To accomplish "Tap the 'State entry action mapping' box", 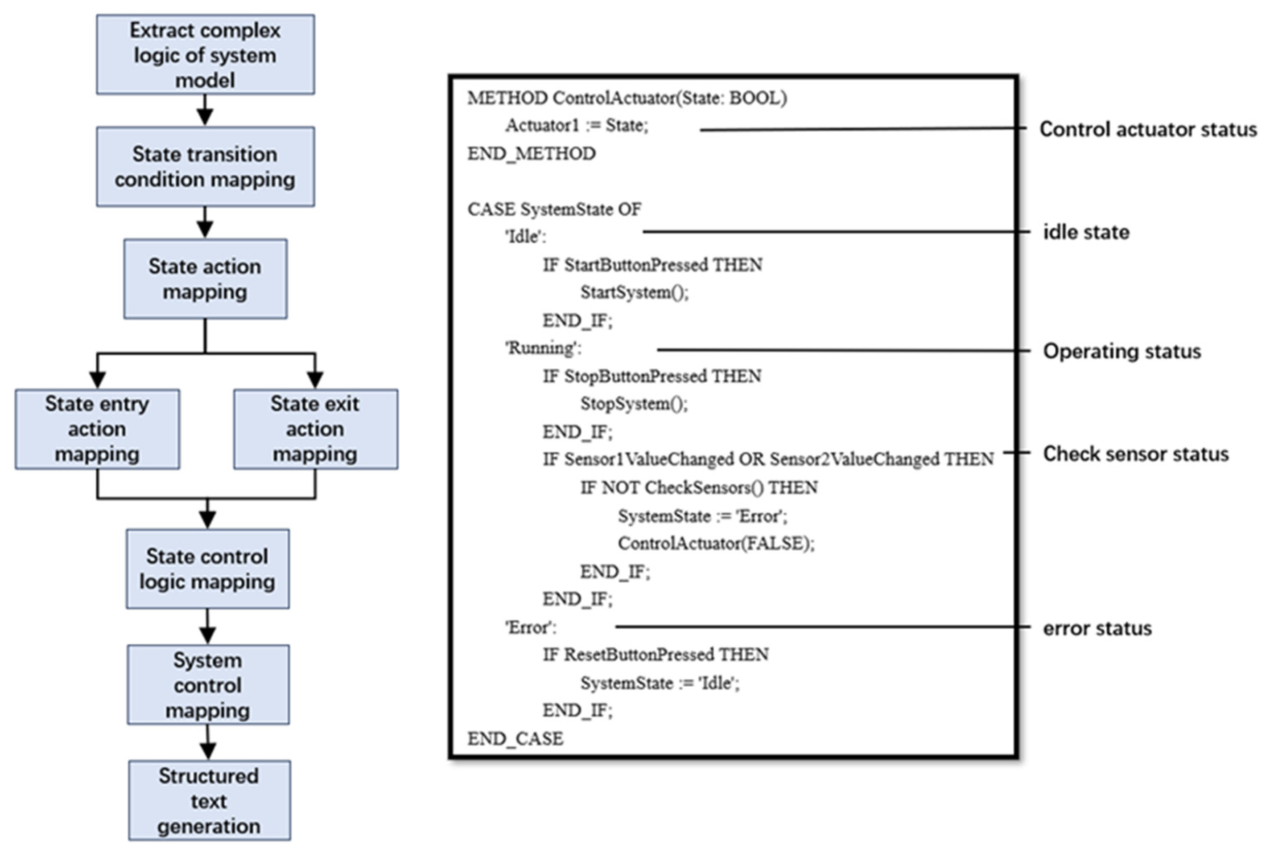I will click(x=97, y=429).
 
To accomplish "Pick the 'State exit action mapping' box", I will click(x=315, y=429).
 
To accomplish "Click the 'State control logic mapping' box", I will click(x=207, y=569).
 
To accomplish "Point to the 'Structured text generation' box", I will click(x=209, y=801).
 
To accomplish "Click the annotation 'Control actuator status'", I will click(x=1148, y=130).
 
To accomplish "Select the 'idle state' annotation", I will click(x=1086, y=233).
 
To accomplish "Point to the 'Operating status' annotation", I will click(x=1122, y=351).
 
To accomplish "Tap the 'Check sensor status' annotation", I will click(x=1136, y=454).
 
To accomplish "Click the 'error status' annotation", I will click(x=1097, y=628).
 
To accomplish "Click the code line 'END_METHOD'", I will click(x=531, y=154).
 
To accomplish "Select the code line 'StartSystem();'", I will click(x=634, y=293).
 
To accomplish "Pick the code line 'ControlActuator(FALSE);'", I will click(x=716, y=544).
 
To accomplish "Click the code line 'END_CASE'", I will click(x=515, y=739).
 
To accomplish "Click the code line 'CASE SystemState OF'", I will click(x=554, y=209).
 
